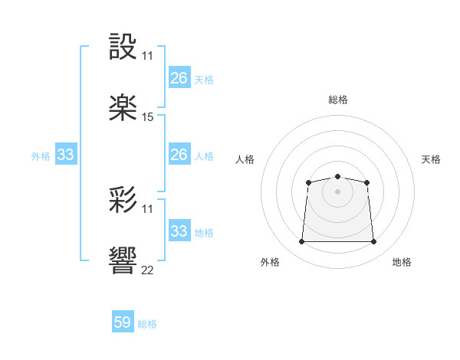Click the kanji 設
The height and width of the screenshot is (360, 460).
[x=124, y=47]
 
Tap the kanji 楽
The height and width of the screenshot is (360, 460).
[x=124, y=108]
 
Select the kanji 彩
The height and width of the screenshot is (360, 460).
[x=124, y=200]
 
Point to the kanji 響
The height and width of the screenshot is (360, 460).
[x=124, y=261]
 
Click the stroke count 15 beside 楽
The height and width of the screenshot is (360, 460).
[x=148, y=117]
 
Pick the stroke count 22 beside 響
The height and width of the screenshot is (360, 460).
[x=148, y=270]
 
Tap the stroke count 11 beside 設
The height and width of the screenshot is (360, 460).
[x=148, y=56]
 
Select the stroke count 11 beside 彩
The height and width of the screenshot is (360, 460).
[x=148, y=209]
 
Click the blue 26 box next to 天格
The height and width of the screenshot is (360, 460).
[x=179, y=77]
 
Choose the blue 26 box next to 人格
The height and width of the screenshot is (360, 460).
[x=179, y=154]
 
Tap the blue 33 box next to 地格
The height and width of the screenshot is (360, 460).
[x=179, y=231]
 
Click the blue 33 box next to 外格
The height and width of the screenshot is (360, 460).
[x=66, y=155]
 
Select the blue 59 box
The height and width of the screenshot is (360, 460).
[x=123, y=322]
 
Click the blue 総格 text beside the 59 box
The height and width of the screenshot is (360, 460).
[x=148, y=324]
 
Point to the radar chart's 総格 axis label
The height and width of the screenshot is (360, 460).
[x=337, y=100]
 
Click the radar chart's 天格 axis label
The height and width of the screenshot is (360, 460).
[x=431, y=159]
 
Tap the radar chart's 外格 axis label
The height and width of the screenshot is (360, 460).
[x=270, y=262]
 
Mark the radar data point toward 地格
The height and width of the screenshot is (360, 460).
[x=373, y=242]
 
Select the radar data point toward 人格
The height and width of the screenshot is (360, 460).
[x=308, y=182]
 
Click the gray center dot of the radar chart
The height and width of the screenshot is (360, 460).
[x=337, y=191]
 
